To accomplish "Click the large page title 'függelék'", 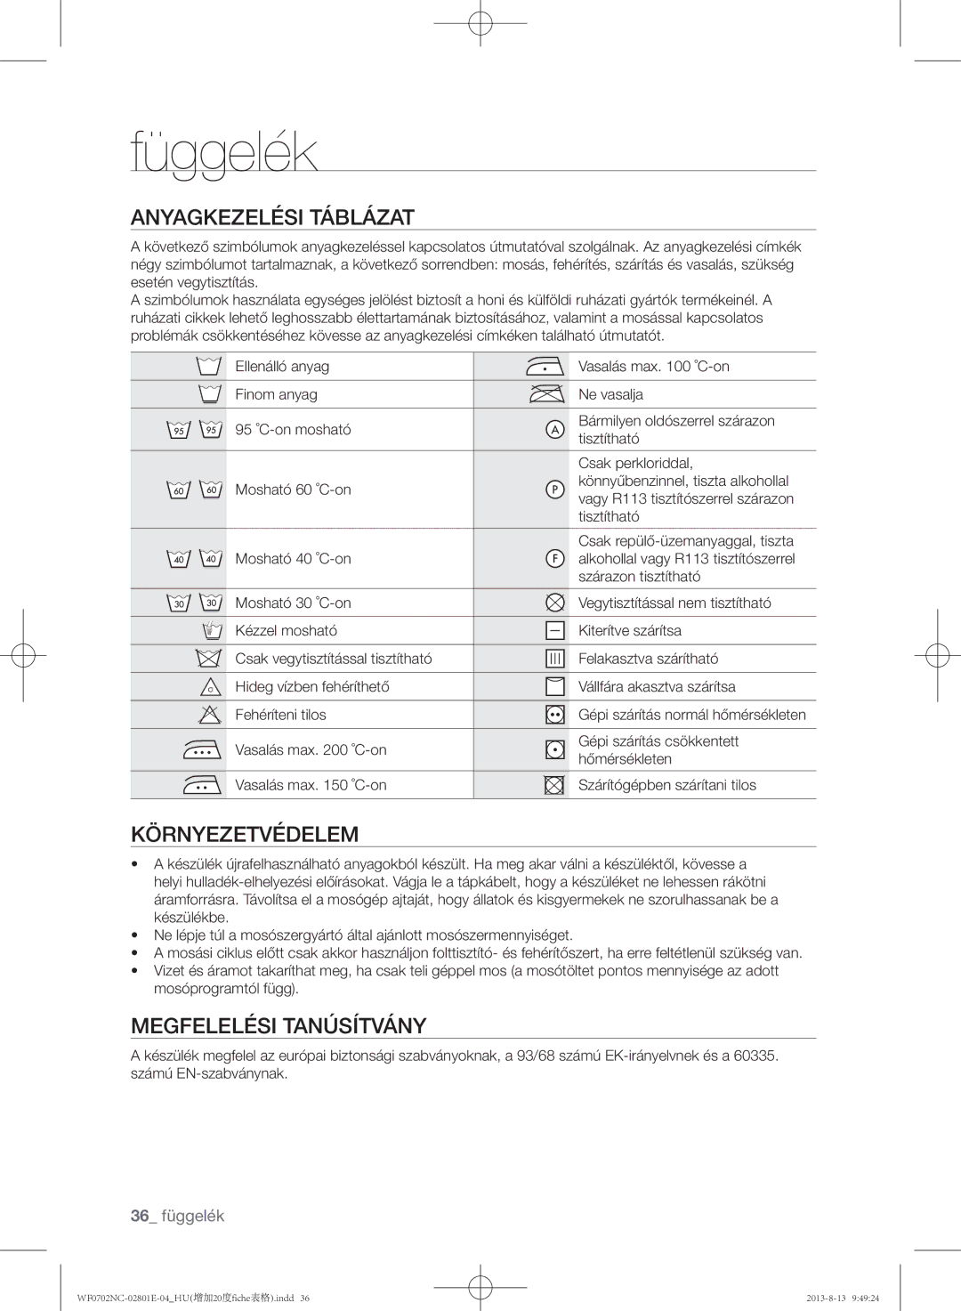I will click(x=223, y=153).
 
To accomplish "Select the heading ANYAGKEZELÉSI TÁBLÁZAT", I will click(x=272, y=217).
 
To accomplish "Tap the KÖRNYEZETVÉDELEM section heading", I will click(x=245, y=834).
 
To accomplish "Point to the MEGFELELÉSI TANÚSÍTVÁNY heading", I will click(x=279, y=1025).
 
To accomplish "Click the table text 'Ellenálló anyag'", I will click(x=282, y=367).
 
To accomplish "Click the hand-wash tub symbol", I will click(x=210, y=631).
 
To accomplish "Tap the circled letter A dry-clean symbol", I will click(x=554, y=430).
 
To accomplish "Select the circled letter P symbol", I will click(x=554, y=490).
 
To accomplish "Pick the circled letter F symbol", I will click(x=554, y=558).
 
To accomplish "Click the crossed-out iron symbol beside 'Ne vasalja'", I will click(x=545, y=394).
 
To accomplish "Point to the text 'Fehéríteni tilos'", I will click(x=280, y=715).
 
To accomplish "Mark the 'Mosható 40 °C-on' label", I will click(x=293, y=559).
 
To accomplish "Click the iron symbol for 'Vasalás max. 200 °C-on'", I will click(x=203, y=750).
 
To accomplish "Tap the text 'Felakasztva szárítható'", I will click(x=648, y=659).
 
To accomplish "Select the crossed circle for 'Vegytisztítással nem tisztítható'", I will click(x=554, y=603).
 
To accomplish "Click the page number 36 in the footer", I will click(x=138, y=1216).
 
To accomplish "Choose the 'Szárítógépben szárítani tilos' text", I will click(x=666, y=785).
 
